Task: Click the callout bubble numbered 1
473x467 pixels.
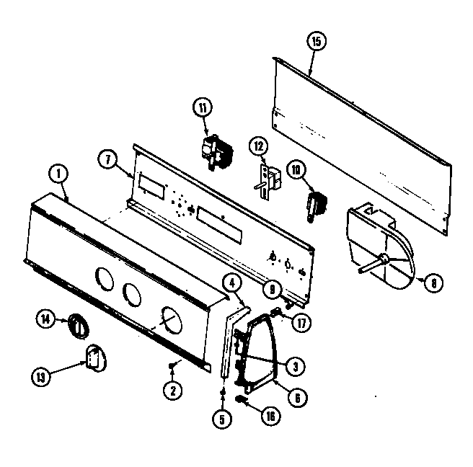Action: click(56, 173)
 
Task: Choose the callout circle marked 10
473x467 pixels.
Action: click(297, 171)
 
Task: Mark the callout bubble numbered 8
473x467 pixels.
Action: click(432, 283)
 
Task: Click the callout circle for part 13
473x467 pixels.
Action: click(42, 375)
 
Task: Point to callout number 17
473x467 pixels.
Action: click(301, 323)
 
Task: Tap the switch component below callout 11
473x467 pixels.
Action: click(214, 153)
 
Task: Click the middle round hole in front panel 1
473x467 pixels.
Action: click(132, 293)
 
